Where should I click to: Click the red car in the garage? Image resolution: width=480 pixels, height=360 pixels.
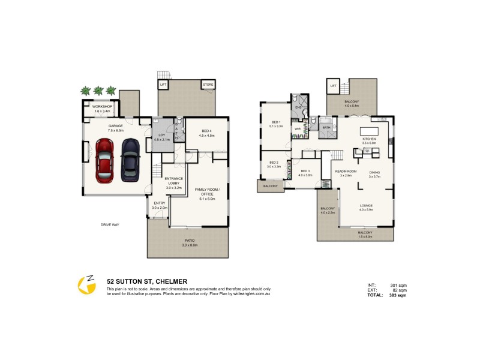105,161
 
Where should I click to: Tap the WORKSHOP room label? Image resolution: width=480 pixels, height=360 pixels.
103,107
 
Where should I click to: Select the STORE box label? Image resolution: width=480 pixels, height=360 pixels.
208,85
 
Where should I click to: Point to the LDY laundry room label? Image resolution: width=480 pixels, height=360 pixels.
161,135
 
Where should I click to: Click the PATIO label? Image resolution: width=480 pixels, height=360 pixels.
188,241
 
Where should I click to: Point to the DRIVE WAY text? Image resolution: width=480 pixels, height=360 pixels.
110,224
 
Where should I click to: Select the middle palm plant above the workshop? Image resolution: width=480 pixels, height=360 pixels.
98,91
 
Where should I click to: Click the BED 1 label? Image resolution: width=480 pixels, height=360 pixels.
276,122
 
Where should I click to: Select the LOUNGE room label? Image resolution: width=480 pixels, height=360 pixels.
366,206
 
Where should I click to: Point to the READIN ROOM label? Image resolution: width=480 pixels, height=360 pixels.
346,172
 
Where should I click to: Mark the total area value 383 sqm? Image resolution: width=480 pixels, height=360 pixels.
398,295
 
